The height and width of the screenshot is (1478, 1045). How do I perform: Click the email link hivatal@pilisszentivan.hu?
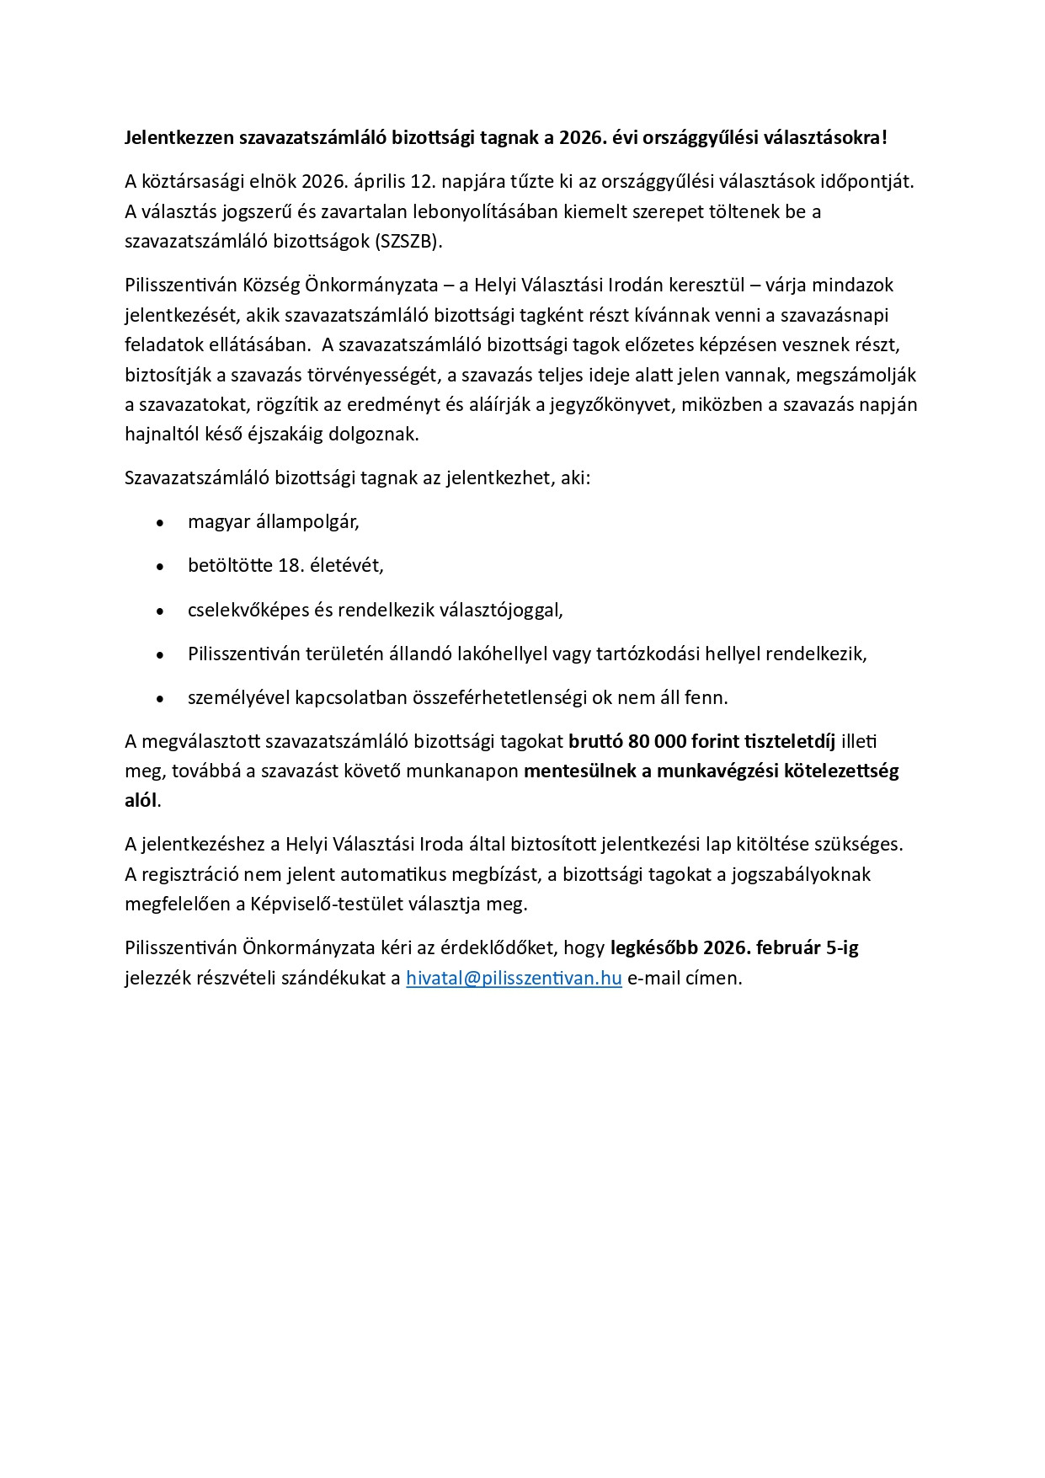pos(514,978)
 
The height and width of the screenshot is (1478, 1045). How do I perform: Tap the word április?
pos(375,180)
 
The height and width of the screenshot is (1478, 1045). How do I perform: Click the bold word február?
pos(787,947)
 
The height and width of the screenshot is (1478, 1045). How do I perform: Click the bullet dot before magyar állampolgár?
pos(160,523)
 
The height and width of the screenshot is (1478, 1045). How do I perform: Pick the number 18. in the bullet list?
pos(291,565)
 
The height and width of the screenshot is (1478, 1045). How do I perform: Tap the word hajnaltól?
pos(163,435)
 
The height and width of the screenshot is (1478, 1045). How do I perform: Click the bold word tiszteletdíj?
pos(786,741)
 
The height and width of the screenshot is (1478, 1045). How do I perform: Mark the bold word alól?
pos(141,800)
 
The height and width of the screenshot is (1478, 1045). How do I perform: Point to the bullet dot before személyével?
pos(160,699)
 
